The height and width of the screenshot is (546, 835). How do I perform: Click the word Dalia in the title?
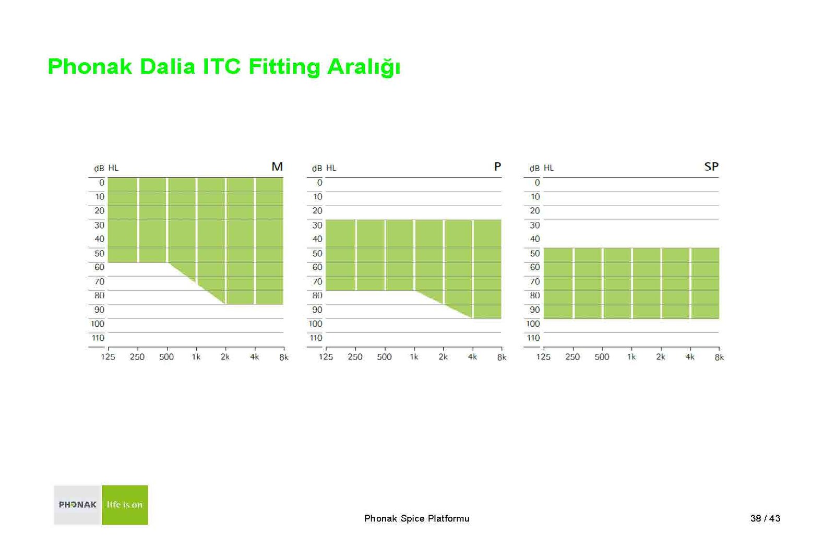coord(168,67)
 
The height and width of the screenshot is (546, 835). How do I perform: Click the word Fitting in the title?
coord(284,67)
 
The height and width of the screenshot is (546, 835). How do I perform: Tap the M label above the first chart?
coord(277,167)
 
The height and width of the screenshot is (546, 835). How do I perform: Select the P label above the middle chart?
coord(497,167)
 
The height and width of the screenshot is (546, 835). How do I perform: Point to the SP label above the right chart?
coord(711,167)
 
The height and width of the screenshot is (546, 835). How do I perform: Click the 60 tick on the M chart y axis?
coord(99,267)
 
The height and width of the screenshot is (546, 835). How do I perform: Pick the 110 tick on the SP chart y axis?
coord(533,338)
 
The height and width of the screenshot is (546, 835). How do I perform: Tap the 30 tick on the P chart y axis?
coord(317,225)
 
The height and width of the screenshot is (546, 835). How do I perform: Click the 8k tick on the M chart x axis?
coord(284,357)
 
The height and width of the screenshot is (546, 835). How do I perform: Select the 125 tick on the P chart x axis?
coord(326,357)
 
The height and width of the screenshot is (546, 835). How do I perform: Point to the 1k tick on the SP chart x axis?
coord(631,357)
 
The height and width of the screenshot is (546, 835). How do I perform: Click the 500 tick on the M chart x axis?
coord(166,357)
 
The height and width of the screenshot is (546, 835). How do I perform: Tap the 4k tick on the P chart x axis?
coord(472,357)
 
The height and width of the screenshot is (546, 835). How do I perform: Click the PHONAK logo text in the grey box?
coord(78,505)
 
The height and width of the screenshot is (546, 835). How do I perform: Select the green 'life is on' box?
coord(125,505)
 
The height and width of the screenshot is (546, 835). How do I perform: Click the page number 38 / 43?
coord(765,518)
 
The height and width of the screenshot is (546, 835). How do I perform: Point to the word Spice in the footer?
coord(413,519)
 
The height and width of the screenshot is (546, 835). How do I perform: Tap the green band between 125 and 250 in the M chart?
coord(123,220)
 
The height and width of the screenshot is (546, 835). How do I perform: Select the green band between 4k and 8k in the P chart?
coord(487,269)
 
